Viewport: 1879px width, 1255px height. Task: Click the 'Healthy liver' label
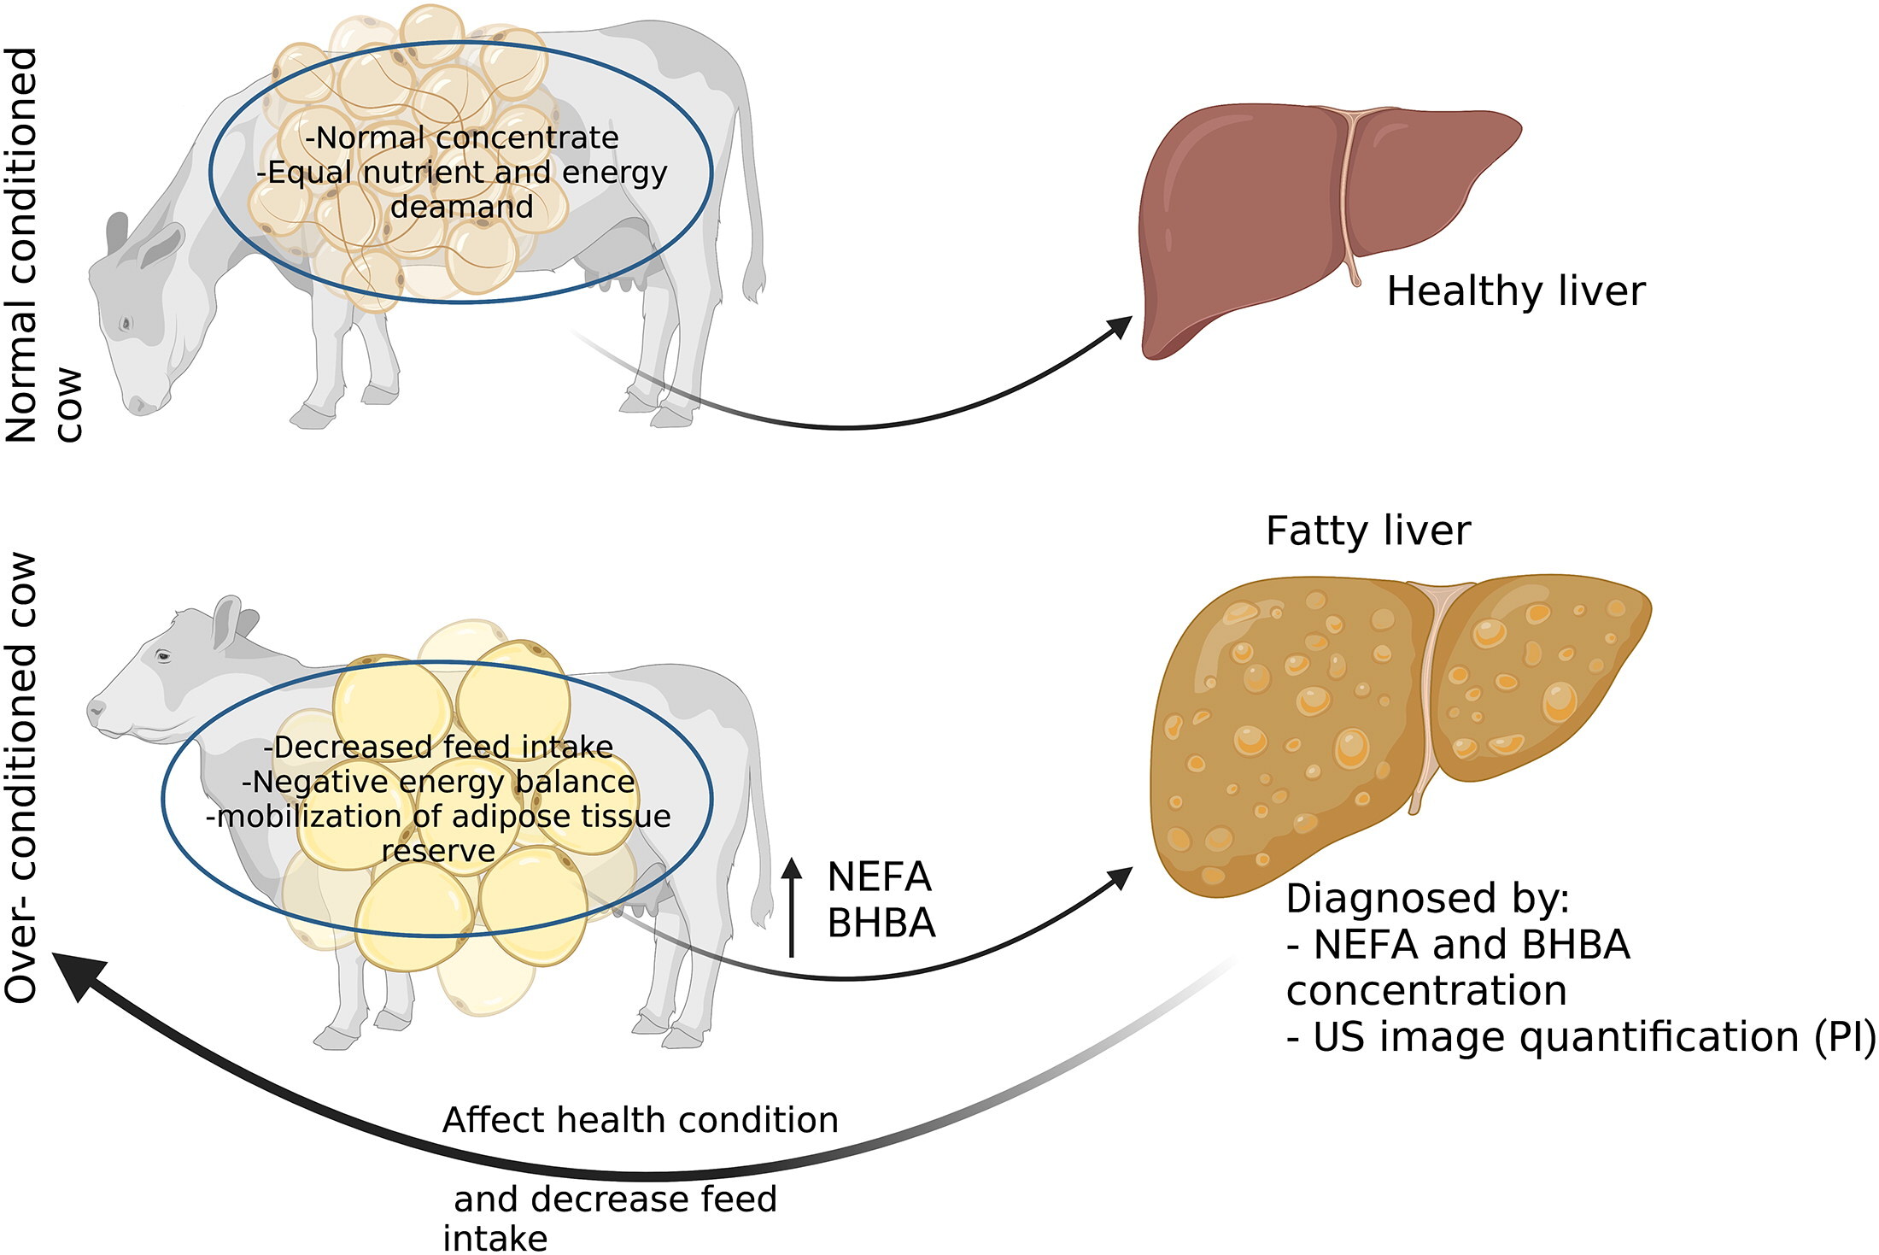1515,291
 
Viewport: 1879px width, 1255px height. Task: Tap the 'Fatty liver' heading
1367,531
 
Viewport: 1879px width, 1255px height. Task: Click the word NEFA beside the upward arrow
879,877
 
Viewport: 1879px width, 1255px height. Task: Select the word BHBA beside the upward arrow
881,924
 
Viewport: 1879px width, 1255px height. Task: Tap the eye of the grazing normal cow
126,324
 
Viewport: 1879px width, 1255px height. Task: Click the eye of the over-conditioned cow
162,656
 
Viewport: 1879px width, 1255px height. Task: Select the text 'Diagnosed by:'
1427,898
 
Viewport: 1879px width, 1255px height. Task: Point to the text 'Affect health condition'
640,1120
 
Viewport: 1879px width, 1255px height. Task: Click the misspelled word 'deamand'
461,207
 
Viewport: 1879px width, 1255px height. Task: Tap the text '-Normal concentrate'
461,138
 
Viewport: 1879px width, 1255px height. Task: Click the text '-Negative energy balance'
438,782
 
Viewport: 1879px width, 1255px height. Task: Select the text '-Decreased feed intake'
438,747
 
